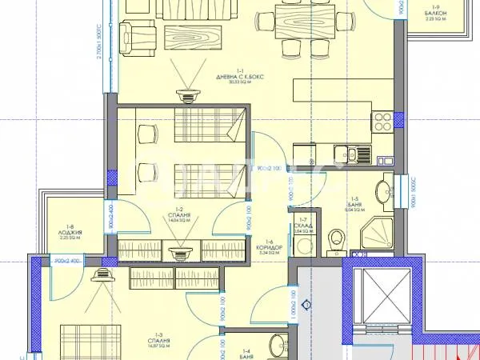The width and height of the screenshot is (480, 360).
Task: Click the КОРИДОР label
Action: (x=269, y=247)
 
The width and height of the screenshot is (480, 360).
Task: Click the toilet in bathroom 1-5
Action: (x=336, y=237)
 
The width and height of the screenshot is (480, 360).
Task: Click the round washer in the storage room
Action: (x=300, y=246)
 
